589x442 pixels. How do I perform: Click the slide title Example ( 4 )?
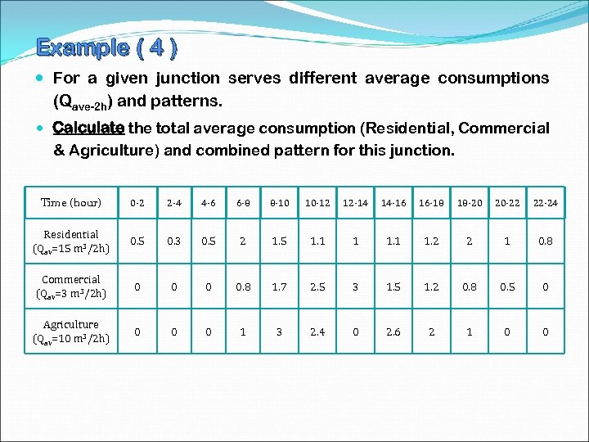[x=106, y=47]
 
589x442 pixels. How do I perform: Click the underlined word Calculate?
[x=88, y=129]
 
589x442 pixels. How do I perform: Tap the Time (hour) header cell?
[x=71, y=202]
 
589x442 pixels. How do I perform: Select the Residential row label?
[x=71, y=241]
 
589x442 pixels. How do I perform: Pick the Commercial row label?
[x=71, y=286]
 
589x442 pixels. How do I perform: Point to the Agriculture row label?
[x=71, y=331]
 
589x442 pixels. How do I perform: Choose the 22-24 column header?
[x=544, y=202]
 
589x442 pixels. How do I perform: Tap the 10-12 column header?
[x=317, y=202]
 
